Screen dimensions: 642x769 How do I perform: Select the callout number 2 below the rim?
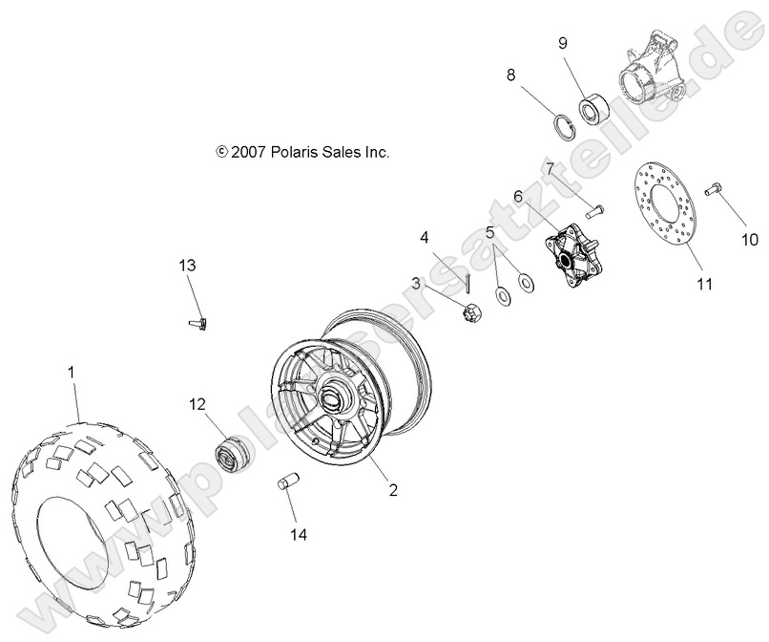392,490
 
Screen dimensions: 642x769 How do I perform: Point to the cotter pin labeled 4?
469,281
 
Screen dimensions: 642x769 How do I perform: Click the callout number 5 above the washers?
489,232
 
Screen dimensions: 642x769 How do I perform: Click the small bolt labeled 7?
591,207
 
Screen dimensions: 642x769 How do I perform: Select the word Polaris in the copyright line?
294,152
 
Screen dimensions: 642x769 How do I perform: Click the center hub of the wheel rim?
334,395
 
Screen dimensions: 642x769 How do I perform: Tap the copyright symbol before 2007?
222,152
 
